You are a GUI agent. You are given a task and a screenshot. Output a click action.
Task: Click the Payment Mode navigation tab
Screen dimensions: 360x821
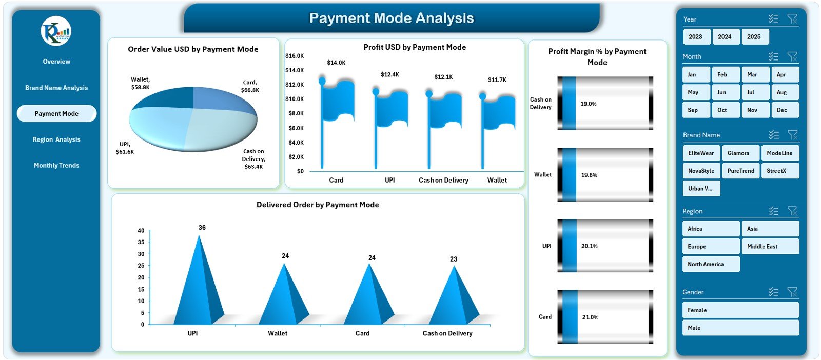click(x=56, y=113)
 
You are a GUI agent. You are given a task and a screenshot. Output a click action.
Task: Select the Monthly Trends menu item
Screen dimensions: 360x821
click(x=56, y=165)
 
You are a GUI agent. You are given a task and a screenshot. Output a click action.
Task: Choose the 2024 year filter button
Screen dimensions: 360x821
click(x=725, y=36)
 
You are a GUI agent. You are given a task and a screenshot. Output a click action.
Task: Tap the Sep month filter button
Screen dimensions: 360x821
click(x=696, y=110)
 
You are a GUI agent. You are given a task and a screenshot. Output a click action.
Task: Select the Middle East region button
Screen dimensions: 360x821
click(x=770, y=246)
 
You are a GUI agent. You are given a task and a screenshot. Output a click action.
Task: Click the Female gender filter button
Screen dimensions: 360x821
click(x=740, y=310)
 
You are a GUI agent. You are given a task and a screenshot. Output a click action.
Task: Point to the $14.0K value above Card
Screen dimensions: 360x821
click(x=336, y=63)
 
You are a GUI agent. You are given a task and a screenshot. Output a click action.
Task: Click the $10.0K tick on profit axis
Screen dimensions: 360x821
click(x=295, y=99)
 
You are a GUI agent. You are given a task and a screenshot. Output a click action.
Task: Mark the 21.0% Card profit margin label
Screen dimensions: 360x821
click(x=590, y=317)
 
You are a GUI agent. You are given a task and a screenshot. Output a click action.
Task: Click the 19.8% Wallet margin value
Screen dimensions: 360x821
click(x=589, y=175)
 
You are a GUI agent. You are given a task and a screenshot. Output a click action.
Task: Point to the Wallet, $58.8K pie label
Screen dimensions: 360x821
click(x=140, y=83)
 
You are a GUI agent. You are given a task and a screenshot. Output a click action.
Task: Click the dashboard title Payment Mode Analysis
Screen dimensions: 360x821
click(x=392, y=18)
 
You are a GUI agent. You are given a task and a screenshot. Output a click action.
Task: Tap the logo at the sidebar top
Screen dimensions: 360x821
click(x=56, y=31)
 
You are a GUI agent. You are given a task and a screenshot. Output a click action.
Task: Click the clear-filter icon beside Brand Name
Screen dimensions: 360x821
click(x=792, y=135)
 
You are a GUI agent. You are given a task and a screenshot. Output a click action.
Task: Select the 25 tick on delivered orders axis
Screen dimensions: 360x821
click(x=141, y=266)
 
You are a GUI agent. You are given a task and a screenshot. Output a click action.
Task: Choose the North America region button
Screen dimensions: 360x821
click(x=711, y=264)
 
